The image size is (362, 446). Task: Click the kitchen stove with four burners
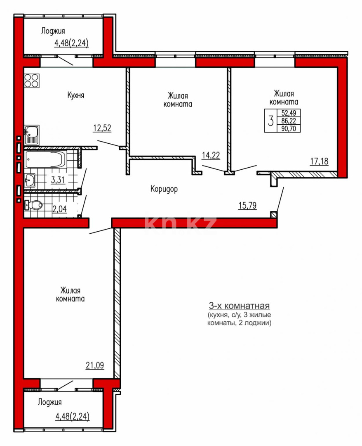[x=32, y=80]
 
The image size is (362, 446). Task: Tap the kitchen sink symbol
[x=31, y=135]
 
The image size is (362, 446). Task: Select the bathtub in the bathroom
[x=45, y=159]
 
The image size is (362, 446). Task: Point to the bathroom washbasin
[x=30, y=180]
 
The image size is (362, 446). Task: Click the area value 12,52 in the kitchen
[x=102, y=128]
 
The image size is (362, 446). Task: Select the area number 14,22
[x=210, y=155]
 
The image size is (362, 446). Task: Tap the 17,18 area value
[x=319, y=161]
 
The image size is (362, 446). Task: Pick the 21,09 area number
[x=95, y=365]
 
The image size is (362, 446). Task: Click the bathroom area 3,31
[x=58, y=180]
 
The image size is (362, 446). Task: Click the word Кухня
[x=76, y=95]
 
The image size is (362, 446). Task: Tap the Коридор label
[x=164, y=189]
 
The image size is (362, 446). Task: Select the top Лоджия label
[x=53, y=31]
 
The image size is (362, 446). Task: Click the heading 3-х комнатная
[x=239, y=306]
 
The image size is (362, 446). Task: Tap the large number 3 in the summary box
[x=271, y=121]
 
